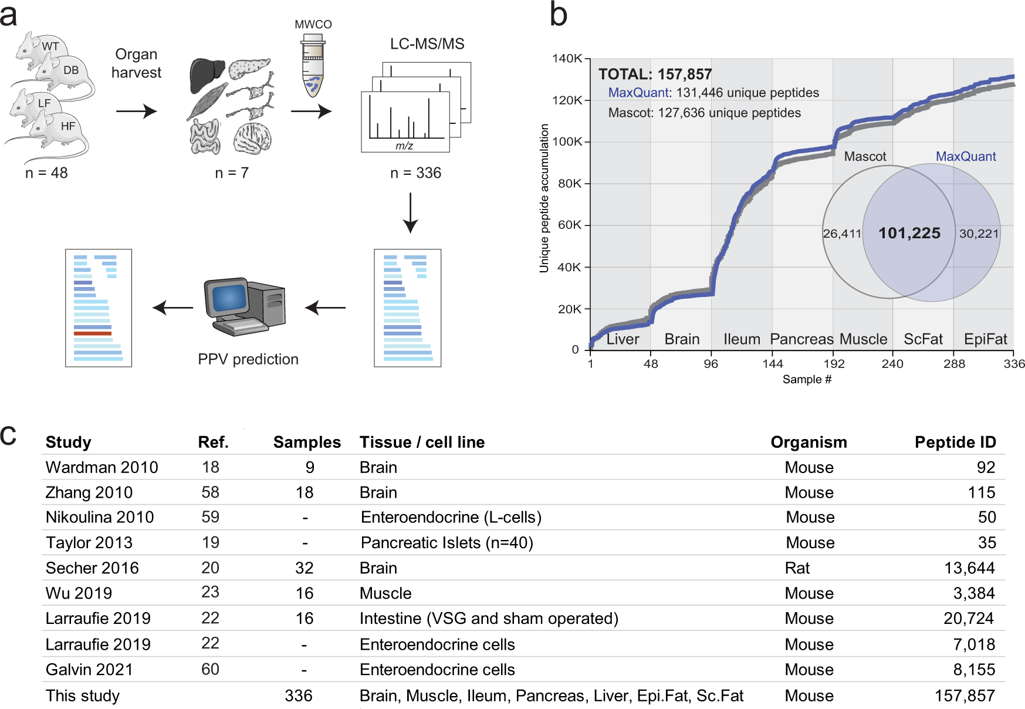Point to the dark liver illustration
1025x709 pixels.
click(x=207, y=75)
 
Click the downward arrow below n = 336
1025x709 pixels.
click(x=410, y=213)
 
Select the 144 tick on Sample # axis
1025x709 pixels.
click(x=772, y=364)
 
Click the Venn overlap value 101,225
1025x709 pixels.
click(x=909, y=234)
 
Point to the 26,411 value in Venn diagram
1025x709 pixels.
click(x=841, y=234)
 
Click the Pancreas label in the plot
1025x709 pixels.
click(x=801, y=339)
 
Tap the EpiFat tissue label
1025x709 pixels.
click(x=985, y=339)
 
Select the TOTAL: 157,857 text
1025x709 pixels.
click(x=655, y=75)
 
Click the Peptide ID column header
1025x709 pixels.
click(x=955, y=443)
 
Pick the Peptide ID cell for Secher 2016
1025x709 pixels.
click(x=969, y=568)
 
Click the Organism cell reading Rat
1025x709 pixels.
click(x=797, y=568)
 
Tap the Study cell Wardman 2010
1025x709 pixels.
click(x=102, y=468)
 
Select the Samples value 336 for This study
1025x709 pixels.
click(x=299, y=696)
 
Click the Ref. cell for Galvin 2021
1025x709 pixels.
click(x=210, y=670)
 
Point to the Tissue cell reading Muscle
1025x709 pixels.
click(x=385, y=593)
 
